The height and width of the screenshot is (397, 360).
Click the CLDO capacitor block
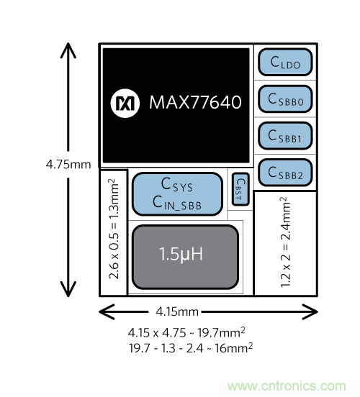pyautogui.click(x=285, y=62)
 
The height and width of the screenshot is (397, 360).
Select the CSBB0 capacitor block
pyautogui.click(x=285, y=99)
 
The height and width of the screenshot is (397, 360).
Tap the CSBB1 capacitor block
pyautogui.click(x=285, y=136)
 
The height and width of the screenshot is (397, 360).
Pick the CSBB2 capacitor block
pyautogui.click(x=285, y=173)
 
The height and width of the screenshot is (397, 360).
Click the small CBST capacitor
pyautogui.click(x=240, y=189)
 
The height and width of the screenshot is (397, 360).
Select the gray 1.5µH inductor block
pyautogui.click(x=185, y=257)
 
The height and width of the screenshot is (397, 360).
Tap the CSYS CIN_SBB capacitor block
pyautogui.click(x=177, y=194)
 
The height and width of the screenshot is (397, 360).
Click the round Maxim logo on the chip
pyautogui.click(x=125, y=103)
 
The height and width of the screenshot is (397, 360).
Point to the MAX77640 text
pyautogui.click(x=195, y=102)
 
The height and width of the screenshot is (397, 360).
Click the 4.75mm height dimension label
pyautogui.click(x=68, y=165)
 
